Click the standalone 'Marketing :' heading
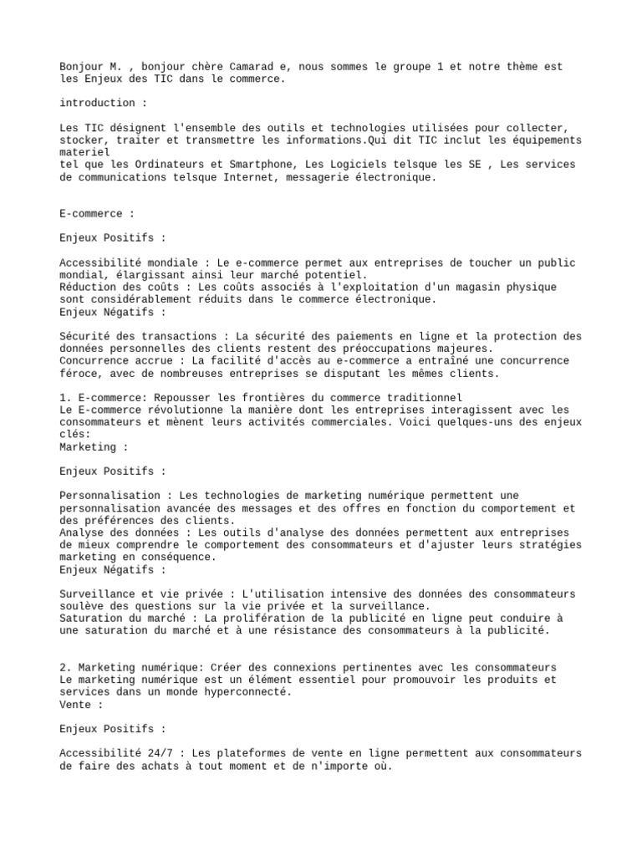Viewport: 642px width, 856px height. click(x=94, y=447)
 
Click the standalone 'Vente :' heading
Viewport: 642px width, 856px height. click(x=81, y=705)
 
